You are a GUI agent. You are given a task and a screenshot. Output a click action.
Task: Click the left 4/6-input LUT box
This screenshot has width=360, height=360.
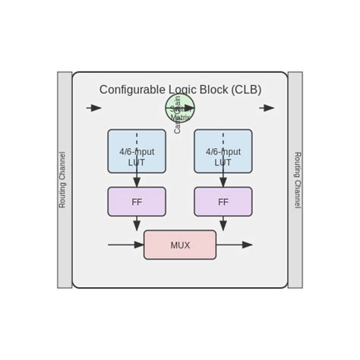pos(137,151)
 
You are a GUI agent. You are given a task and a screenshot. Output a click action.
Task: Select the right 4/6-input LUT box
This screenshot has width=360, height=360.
pos(223,151)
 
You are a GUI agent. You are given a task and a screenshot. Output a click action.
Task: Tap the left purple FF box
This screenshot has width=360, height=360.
pos(137,202)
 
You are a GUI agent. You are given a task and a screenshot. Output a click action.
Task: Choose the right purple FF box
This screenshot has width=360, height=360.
pos(223,202)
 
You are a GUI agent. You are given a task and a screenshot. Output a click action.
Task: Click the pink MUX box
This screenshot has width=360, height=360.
pos(180,245)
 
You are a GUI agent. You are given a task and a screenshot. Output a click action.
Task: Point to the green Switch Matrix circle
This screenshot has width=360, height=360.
pos(180,108)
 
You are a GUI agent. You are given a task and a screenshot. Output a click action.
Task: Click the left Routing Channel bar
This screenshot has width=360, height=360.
pos(65,180)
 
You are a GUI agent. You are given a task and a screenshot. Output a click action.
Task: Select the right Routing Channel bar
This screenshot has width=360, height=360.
pos(295,180)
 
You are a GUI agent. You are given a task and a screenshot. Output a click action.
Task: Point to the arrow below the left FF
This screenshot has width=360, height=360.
pos(137,224)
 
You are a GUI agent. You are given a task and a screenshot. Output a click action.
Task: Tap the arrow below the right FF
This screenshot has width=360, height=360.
pos(223,224)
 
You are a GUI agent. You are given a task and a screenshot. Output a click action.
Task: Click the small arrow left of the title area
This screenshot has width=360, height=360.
pos(94,108)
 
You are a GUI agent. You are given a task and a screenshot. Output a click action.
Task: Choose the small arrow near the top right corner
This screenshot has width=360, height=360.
pos(267,108)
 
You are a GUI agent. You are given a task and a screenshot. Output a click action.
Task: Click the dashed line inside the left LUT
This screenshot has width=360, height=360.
pos(137,140)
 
